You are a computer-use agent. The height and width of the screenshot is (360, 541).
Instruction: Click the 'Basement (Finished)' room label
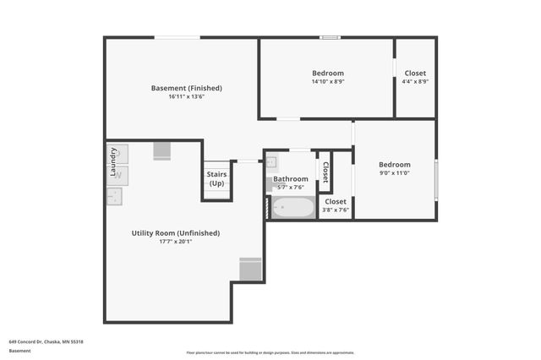click(x=186, y=88)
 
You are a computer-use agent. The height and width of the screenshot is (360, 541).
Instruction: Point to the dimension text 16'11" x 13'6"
click(x=186, y=96)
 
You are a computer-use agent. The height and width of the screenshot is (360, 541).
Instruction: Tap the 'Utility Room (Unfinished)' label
click(x=176, y=233)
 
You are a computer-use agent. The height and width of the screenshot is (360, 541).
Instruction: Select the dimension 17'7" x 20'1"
click(x=176, y=242)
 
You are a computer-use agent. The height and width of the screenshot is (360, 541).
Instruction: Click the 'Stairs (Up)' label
click(x=216, y=178)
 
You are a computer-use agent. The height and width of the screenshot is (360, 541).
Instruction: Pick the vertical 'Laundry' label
click(x=112, y=161)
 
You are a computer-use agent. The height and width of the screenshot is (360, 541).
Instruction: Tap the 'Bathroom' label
click(x=290, y=179)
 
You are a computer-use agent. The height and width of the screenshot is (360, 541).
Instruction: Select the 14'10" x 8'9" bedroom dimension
click(x=328, y=82)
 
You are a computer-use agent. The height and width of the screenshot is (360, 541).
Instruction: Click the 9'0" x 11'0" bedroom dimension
click(x=394, y=173)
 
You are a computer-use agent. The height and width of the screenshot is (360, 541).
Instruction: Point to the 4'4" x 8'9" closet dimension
click(x=415, y=82)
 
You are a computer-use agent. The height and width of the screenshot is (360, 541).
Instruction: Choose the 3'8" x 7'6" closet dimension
click(x=336, y=210)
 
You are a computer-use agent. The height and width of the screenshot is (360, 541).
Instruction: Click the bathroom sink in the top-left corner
click(x=274, y=162)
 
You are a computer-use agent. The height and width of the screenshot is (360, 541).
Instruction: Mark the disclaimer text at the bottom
click(x=270, y=352)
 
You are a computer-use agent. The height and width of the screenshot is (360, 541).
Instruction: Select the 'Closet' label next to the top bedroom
click(x=415, y=74)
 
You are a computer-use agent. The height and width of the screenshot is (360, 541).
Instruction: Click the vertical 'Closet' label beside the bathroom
click(x=325, y=172)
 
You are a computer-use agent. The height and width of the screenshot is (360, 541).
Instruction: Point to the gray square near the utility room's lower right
click(x=250, y=269)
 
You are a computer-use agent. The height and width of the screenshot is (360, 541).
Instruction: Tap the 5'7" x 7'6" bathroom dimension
click(x=290, y=188)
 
